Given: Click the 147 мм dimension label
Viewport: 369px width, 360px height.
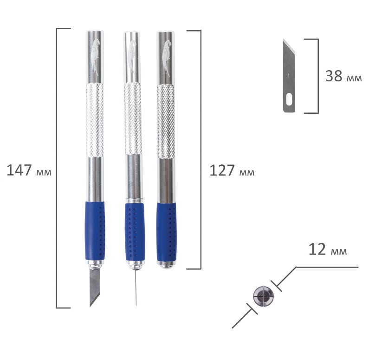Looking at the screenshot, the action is point(29,170).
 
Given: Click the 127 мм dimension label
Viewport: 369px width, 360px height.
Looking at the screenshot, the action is point(232,170).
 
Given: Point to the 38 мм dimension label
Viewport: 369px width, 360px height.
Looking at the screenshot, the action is point(343,76).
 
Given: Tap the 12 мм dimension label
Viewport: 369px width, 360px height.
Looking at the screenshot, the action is point(328,249).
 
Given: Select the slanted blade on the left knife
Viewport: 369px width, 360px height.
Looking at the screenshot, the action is point(95,287).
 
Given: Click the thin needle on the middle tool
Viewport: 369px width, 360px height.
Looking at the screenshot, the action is point(136,288).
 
